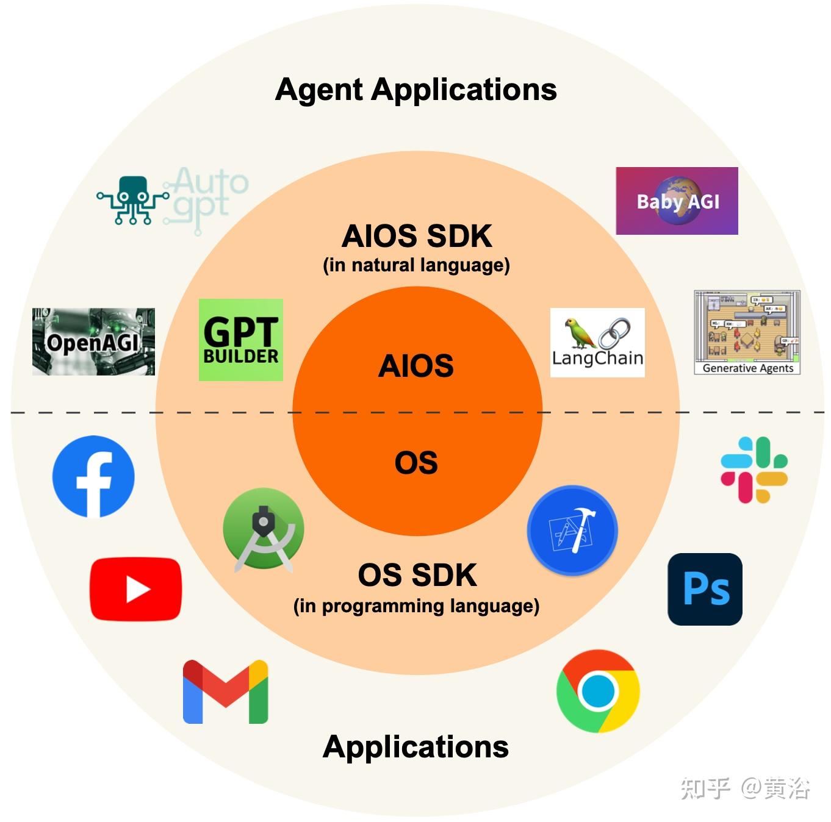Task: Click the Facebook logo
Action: [x=93, y=476]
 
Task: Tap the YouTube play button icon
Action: [x=135, y=589]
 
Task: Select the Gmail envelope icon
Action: [x=225, y=692]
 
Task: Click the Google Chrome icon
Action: [x=598, y=691]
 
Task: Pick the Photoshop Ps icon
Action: [x=705, y=589]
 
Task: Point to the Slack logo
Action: [x=754, y=470]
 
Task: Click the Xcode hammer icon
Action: [x=572, y=531]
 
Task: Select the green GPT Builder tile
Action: [x=241, y=340]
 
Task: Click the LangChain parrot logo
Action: [x=597, y=342]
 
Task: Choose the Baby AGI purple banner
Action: [x=677, y=201]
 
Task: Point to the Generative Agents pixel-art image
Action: [x=747, y=332]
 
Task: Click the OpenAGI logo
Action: [x=93, y=341]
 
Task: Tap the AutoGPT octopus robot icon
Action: [x=133, y=199]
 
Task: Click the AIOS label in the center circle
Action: [x=416, y=366]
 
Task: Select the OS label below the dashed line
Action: [x=416, y=462]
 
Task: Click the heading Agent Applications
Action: [x=415, y=90]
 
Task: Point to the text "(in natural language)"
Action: [x=416, y=265]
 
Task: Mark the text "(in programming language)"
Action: [x=416, y=606]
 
